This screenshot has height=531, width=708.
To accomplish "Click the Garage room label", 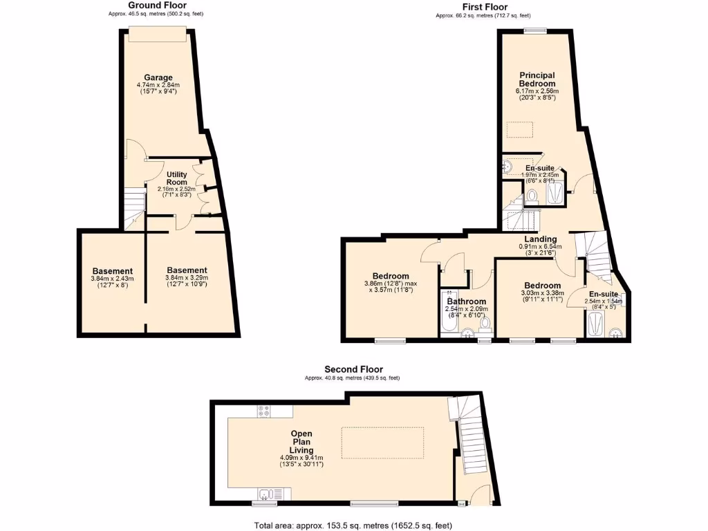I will tap(158, 77).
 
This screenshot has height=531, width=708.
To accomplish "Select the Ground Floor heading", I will tap(156, 6).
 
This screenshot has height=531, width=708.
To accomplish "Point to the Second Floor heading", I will tap(353, 369).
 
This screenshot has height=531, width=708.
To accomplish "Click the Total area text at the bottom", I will tap(353, 525).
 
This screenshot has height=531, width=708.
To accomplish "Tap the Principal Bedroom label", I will tap(537, 79).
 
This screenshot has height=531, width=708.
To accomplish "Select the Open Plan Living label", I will tap(301, 442).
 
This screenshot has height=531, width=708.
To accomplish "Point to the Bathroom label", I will tap(465, 301).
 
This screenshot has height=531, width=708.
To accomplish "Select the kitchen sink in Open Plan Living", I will tap(265, 494).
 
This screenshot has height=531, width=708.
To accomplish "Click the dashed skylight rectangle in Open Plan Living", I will tap(382, 442).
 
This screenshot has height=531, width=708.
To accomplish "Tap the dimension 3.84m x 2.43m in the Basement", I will tap(111, 279).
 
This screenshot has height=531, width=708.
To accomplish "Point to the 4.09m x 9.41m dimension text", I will tap(301, 457).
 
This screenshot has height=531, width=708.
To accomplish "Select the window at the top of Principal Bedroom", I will tap(534, 30).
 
